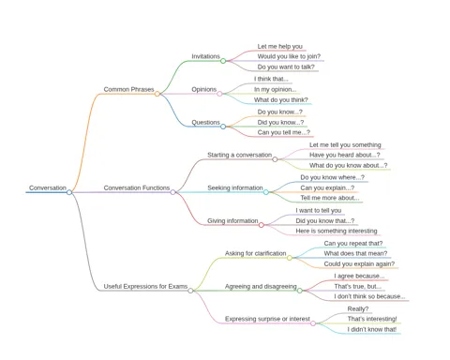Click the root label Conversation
(x=48, y=187)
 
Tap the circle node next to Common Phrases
(x=157, y=94)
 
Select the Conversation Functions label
(x=137, y=187)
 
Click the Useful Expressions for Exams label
(x=145, y=286)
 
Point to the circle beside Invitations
(x=223, y=61)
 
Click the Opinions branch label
(x=204, y=89)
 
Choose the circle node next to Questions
(x=223, y=127)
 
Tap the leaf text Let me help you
(x=280, y=47)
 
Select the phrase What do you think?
(x=281, y=100)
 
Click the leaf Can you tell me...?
(x=284, y=132)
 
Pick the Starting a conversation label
(x=240, y=155)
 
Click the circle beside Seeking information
(x=266, y=192)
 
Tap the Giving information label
(x=232, y=221)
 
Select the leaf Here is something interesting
(x=337, y=231)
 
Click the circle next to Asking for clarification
(x=290, y=258)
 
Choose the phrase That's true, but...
(x=358, y=286)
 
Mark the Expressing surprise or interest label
(x=267, y=319)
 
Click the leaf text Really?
(x=358, y=309)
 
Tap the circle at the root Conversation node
(x=69, y=192)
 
